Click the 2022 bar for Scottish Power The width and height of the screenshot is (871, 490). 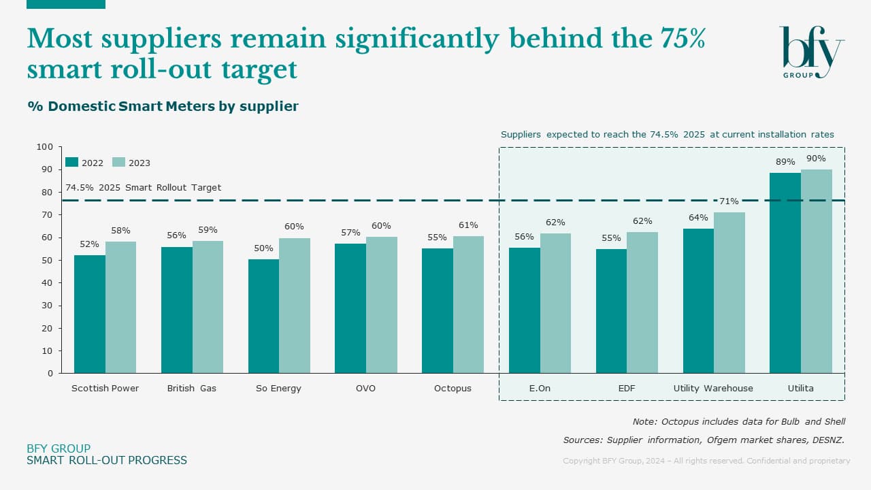pos(90,314)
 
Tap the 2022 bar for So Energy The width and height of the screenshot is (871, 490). pos(263,316)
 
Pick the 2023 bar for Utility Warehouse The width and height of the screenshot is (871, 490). pos(729,293)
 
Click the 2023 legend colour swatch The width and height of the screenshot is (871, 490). pos(118,163)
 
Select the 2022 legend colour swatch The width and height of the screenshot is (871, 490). pos(71,163)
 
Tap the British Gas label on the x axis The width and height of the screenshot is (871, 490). pos(192,389)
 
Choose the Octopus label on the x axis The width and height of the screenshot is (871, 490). pos(453,389)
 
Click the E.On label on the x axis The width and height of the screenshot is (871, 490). pos(540,389)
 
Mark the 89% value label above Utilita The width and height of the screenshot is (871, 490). pos(785,162)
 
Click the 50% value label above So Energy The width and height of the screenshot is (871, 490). pos(263,248)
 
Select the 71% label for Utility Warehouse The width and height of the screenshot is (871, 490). pos(729,201)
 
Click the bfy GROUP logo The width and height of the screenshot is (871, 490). pos(812,52)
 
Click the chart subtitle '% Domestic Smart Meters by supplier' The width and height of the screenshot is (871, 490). pos(163,107)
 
